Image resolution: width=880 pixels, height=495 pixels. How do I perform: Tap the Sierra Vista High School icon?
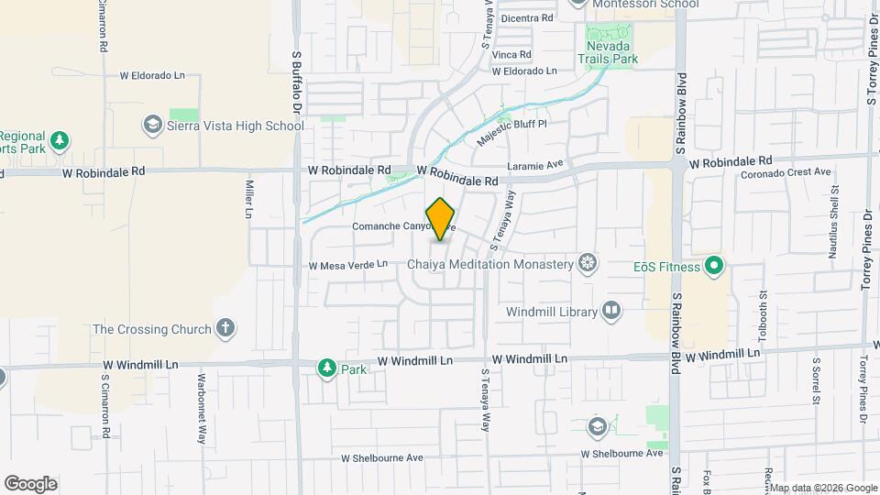tap(153, 125)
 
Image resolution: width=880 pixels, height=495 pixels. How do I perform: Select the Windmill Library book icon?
tap(610, 312)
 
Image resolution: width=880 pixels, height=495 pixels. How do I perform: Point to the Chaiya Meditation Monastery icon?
tap(588, 264)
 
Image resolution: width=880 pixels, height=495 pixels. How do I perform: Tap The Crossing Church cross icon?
tap(225, 328)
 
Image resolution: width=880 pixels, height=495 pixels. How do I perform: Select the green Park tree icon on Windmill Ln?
tap(326, 368)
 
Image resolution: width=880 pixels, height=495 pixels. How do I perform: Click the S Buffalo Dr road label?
tap(297, 83)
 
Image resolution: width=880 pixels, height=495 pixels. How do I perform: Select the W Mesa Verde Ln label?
tap(348, 265)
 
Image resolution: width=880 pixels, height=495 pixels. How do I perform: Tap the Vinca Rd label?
tap(511, 55)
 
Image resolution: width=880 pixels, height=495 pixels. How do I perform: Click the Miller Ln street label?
tap(248, 198)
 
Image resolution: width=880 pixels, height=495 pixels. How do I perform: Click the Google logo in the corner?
tap(30, 483)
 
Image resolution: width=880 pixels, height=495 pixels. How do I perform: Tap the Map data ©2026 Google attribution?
tap(822, 488)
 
